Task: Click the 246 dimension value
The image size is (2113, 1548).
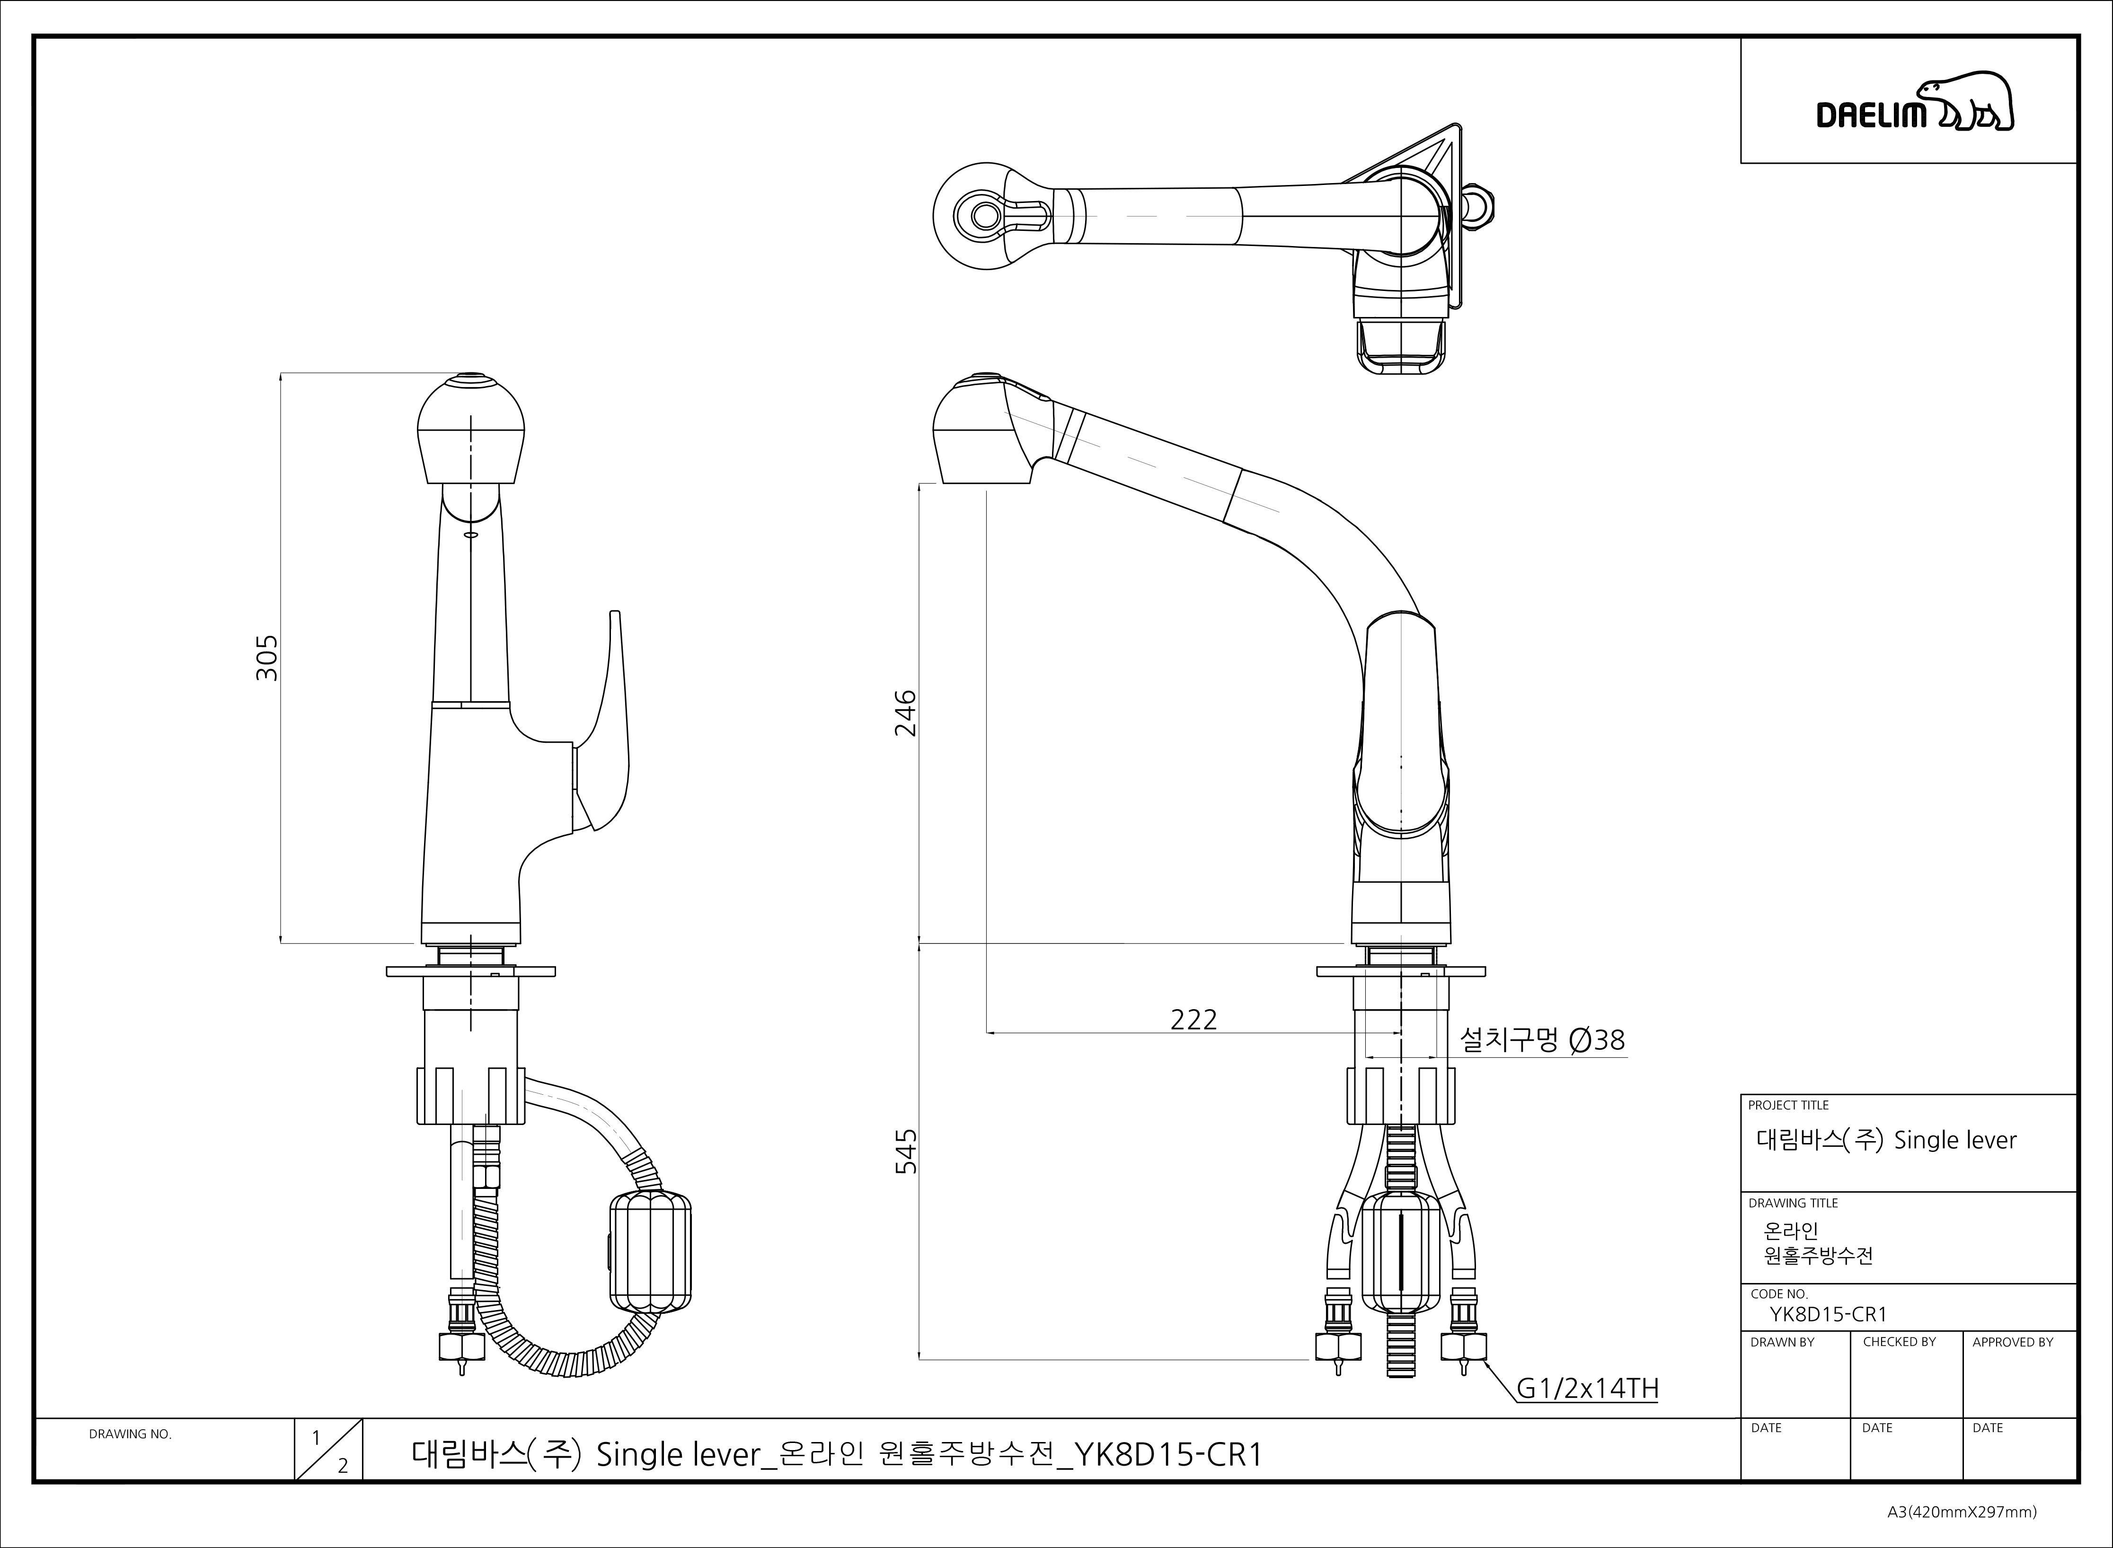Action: (x=905, y=713)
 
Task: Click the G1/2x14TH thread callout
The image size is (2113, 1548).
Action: (x=1587, y=1389)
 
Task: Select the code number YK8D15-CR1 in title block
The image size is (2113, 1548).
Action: (x=1827, y=1315)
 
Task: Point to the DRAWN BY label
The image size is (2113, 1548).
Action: (x=1782, y=1342)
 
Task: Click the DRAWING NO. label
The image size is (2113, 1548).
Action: (x=130, y=1434)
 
